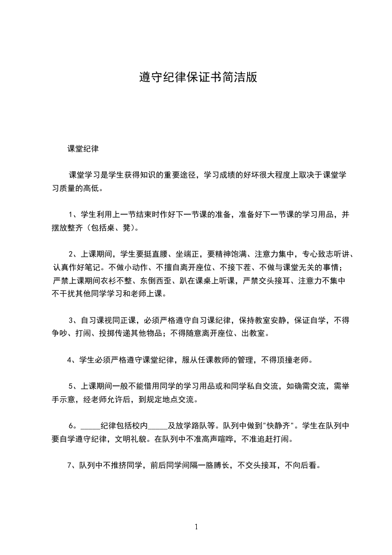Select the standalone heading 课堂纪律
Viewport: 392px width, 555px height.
(83, 148)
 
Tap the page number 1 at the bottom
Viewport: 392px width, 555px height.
(196, 527)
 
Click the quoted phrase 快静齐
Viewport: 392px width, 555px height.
(280, 425)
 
